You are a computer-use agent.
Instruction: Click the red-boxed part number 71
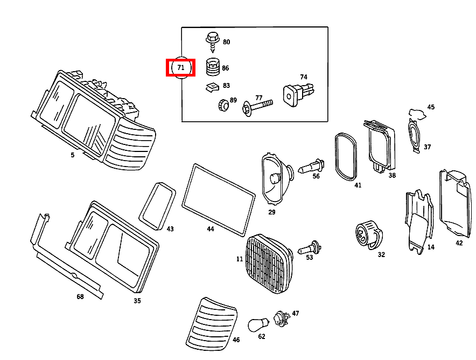point(180,68)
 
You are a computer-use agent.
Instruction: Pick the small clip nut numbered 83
point(212,87)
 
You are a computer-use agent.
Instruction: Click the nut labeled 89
point(223,105)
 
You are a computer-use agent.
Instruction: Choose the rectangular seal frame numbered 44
point(218,199)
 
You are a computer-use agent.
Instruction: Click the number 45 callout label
point(430,107)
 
